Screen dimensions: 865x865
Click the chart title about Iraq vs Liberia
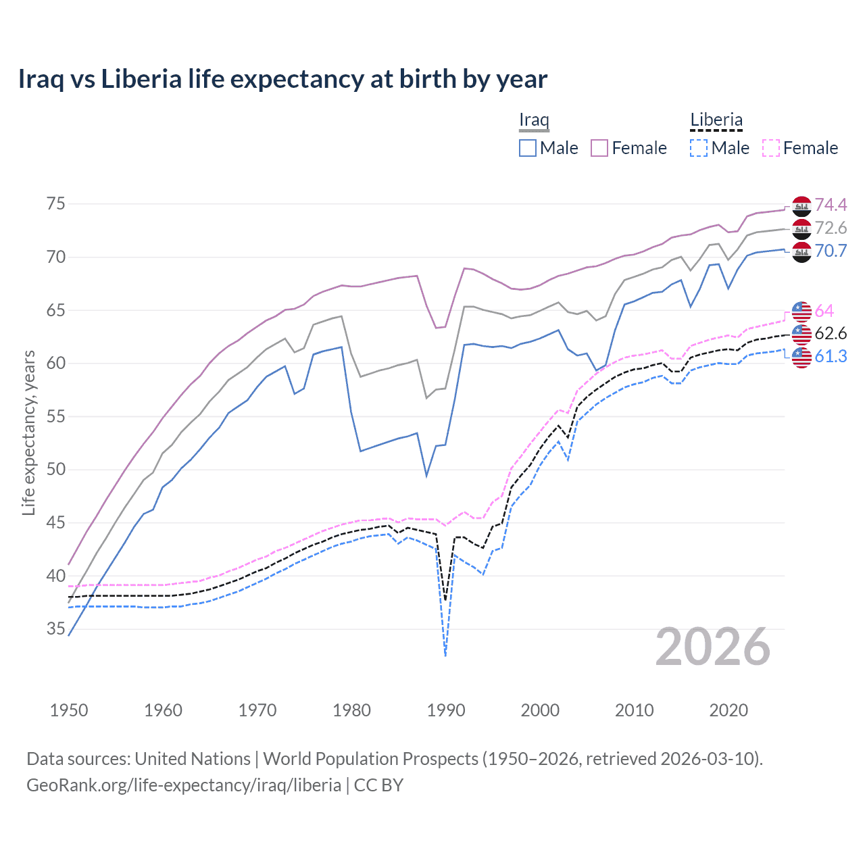[282, 79]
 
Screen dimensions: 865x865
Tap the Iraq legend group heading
[534, 120]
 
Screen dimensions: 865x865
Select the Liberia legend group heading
[716, 120]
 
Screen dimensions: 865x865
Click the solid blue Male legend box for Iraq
[528, 148]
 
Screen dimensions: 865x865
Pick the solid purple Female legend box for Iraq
[599, 148]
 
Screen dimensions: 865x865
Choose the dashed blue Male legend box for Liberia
[699, 148]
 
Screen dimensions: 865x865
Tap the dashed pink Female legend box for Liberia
[771, 148]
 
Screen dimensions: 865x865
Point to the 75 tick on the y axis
[55, 204]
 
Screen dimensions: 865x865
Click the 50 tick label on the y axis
[55, 470]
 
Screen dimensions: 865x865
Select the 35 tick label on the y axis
[55, 629]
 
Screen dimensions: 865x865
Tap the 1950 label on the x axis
[69, 710]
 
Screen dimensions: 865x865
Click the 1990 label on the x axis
[446, 710]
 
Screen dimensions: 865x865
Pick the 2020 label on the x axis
[728, 710]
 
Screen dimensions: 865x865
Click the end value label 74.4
[831, 205]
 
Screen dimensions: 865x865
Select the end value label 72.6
[831, 228]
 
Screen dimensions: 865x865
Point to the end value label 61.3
[831, 356]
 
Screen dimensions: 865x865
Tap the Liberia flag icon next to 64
[801, 311]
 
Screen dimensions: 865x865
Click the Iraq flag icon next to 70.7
[801, 251]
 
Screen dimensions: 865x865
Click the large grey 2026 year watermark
[713, 647]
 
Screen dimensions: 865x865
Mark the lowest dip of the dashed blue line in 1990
[445, 655]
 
